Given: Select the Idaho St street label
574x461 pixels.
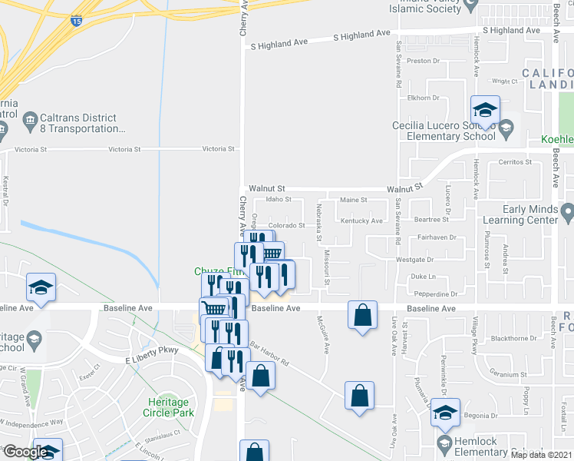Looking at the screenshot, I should click(x=279, y=200).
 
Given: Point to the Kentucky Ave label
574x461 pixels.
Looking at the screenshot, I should click(x=361, y=221).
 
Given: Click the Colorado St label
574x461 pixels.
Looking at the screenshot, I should click(x=287, y=225).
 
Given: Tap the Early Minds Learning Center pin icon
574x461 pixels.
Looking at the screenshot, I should click(x=567, y=211).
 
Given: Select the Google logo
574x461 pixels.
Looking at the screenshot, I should click(x=25, y=451).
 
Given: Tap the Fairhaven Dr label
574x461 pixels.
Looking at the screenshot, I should click(x=437, y=238).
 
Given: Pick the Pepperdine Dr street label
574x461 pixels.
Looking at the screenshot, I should click(x=435, y=294).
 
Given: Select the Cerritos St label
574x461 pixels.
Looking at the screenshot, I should click(x=515, y=163).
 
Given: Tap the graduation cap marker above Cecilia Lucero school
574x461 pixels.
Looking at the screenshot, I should click(x=485, y=110).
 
